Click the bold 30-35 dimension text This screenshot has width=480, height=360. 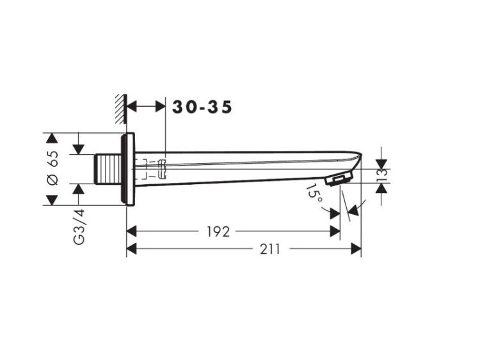pos(202,107)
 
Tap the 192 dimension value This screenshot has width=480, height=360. pos(218,232)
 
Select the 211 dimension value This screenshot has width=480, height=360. pos(270,249)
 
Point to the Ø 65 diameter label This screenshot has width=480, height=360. pos(52,168)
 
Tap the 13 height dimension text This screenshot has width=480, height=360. pos(382,176)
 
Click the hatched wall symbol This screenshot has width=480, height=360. pos(121,109)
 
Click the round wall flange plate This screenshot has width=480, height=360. pos(127,169)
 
